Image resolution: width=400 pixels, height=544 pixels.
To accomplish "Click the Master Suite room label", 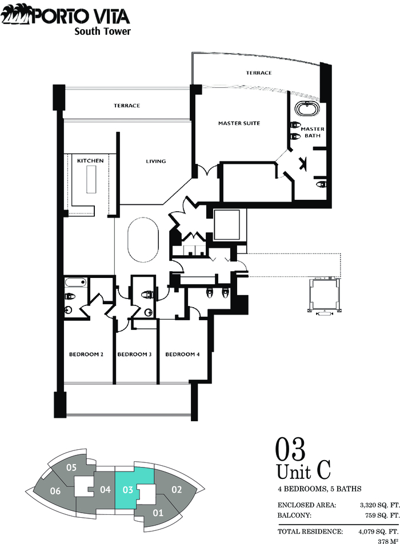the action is click(x=239, y=123).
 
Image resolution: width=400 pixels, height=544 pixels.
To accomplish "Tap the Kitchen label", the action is click(x=90, y=160).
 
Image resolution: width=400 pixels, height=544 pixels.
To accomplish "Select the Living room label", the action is click(x=156, y=161).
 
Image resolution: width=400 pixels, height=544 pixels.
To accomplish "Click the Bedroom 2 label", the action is click(x=86, y=354).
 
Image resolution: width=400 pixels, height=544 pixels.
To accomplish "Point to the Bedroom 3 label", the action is click(x=134, y=354).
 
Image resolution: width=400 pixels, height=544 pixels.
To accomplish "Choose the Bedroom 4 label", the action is click(x=182, y=354).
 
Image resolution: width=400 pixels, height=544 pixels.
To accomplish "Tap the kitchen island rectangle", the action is click(x=91, y=179).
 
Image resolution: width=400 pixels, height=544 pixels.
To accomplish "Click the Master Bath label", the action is click(x=313, y=132).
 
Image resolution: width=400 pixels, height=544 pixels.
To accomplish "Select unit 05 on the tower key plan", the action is click(x=71, y=468).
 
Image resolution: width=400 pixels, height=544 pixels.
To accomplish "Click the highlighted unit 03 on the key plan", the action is click(x=128, y=489).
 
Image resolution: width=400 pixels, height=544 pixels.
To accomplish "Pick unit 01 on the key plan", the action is click(x=158, y=513).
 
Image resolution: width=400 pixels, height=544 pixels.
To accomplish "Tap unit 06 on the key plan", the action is click(x=55, y=490).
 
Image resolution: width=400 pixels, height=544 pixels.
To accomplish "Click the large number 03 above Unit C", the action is click(x=290, y=449).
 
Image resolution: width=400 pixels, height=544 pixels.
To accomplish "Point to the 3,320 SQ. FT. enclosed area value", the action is click(x=379, y=505).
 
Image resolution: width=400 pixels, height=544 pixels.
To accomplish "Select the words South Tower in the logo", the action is click(x=102, y=31).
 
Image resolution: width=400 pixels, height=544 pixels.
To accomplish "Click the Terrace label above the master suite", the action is click(x=259, y=73).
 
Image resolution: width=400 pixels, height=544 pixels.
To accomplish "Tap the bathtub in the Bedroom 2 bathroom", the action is click(x=75, y=283).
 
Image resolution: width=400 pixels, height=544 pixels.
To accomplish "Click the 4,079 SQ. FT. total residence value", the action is click(x=378, y=531).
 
